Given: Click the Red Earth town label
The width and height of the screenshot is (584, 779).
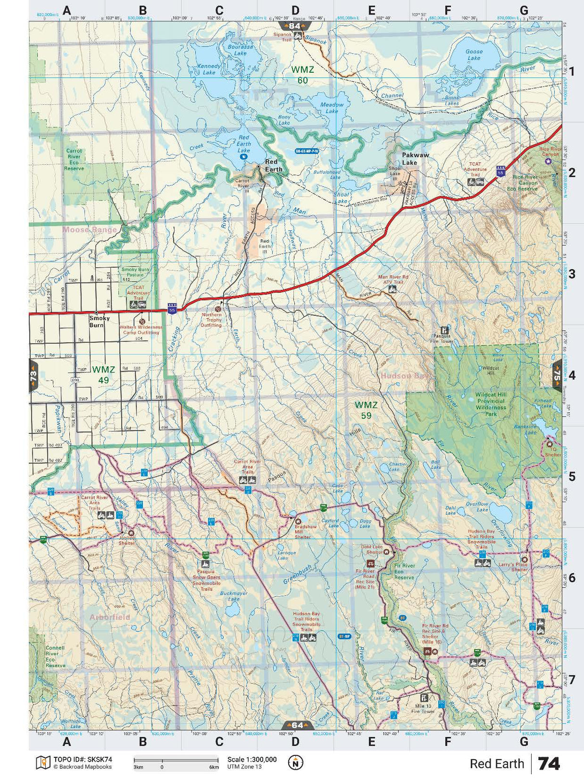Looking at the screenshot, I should coord(274,166).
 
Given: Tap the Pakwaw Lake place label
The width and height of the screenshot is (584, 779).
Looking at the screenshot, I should coord(415,159).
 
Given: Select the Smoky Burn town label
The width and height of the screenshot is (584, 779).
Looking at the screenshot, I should coord(99,322).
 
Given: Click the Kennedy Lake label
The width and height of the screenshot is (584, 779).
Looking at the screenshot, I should coord(209,69).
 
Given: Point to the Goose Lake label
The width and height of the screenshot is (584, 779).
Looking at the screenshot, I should coord(473,54).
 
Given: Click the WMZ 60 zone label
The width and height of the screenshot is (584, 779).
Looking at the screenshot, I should coord(303,75).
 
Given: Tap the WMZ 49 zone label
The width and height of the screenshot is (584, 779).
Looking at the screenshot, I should coord(103,375).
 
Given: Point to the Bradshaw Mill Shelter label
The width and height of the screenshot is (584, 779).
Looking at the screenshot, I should coord(306,532).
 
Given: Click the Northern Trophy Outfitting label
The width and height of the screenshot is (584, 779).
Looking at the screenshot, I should coord(212,320).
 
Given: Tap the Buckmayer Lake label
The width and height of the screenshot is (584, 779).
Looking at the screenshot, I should coord(233,596).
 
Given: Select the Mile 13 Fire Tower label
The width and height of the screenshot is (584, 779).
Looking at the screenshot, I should coord(423,708).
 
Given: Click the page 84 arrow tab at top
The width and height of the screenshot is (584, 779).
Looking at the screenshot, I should coord(295,26).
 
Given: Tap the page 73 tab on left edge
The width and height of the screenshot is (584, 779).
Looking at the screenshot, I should coord(33,375).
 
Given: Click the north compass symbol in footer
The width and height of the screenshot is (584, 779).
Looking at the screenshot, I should coord(295,762).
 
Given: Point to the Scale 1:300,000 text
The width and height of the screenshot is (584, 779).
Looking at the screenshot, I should coord(252,759).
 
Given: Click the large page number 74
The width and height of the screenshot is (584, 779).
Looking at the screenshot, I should coord(549,764).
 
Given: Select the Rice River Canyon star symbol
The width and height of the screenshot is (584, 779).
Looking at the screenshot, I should coord(547,161).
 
